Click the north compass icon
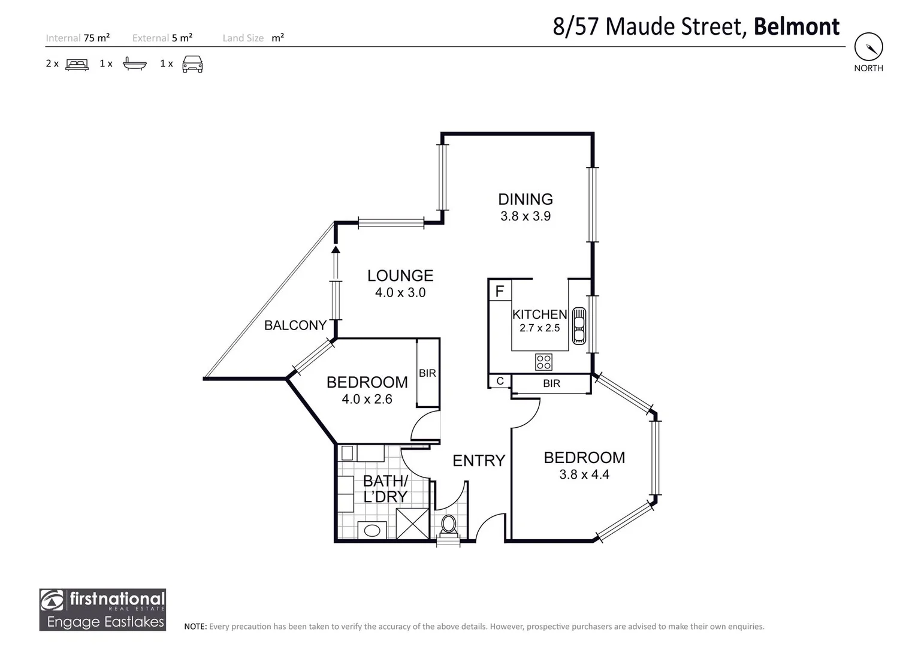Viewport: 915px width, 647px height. click(x=868, y=47)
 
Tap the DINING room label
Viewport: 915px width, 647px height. click(x=526, y=199)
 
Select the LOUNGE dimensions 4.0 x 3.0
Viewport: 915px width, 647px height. click(x=400, y=293)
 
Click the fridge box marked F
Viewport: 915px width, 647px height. click(x=500, y=292)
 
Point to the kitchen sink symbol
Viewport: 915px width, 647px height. click(x=579, y=325)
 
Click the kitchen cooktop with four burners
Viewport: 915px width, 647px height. click(x=543, y=362)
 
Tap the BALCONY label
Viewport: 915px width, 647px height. click(x=295, y=325)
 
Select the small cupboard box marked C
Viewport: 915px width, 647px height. click(x=500, y=381)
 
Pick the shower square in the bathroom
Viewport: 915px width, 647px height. click(x=413, y=524)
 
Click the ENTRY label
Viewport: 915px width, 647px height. click(x=479, y=461)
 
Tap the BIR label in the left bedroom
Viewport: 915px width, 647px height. click(x=427, y=373)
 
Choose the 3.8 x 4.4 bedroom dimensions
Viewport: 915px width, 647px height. click(x=584, y=474)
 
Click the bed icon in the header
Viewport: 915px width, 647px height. click(x=77, y=64)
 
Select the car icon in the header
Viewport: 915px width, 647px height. click(x=192, y=64)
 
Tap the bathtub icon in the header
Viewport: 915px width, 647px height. click(x=134, y=64)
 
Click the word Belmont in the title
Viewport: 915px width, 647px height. click(x=796, y=27)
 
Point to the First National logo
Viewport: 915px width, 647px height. click(x=102, y=609)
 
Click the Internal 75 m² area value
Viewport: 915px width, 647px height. click(x=96, y=38)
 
